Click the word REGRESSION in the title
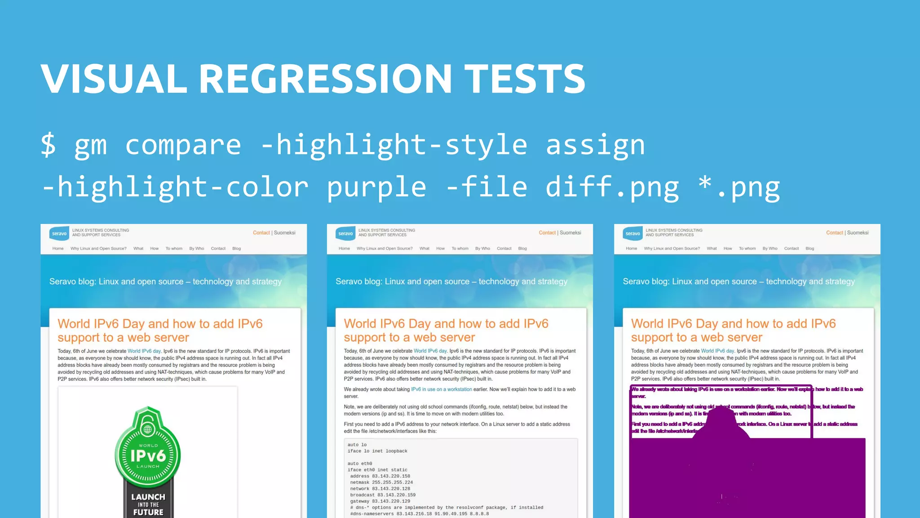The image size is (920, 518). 325,79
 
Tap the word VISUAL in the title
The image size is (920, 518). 114,79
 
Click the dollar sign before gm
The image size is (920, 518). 49,145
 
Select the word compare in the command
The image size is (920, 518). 183,145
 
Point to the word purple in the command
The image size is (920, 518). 376,187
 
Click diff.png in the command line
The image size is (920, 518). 612,187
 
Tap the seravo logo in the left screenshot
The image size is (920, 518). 59,233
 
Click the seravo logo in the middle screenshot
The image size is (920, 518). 345,233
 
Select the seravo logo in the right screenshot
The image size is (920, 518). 632,233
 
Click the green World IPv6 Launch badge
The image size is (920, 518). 148,450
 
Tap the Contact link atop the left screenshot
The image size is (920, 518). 261,233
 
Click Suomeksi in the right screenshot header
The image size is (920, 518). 858,233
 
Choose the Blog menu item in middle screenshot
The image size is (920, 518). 522,249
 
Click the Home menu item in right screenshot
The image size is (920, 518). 631,249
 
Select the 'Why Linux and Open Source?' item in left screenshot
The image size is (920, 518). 98,249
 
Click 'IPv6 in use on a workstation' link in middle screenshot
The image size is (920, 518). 442,389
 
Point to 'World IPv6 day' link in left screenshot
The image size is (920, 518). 144,351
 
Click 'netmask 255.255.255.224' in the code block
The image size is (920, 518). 381,482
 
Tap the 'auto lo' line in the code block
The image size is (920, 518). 357,445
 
